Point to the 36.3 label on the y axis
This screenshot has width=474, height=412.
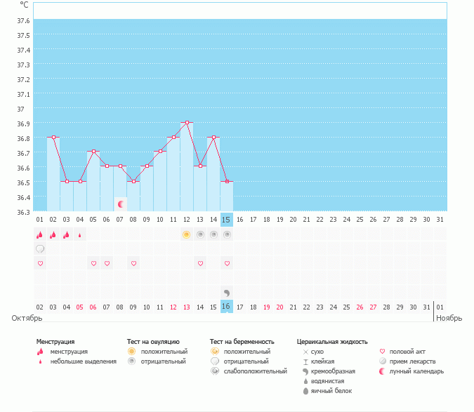pos(23,212)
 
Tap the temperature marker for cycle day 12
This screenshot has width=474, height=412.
pos(187,122)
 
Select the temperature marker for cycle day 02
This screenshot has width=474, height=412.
pos(53,137)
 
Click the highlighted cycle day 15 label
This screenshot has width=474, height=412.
pos(226,220)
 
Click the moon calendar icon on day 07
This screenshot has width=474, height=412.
pos(121,204)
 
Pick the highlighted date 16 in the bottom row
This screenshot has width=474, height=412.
pos(226,307)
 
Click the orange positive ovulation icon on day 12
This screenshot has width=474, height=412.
pos(186,234)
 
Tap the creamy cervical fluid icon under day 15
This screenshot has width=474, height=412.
pos(226,292)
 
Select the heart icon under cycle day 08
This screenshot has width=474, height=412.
pos(133,263)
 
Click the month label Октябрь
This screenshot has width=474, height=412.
pos(27,318)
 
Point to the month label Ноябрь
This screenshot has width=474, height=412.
pos(449,318)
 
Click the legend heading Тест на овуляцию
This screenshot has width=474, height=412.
pos(153,342)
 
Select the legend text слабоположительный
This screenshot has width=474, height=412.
pos(256,371)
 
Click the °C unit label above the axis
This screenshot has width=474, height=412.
pos(24,5)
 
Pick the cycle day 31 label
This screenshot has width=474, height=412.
pos(440,220)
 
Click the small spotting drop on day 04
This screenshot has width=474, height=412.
pos(79,235)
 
